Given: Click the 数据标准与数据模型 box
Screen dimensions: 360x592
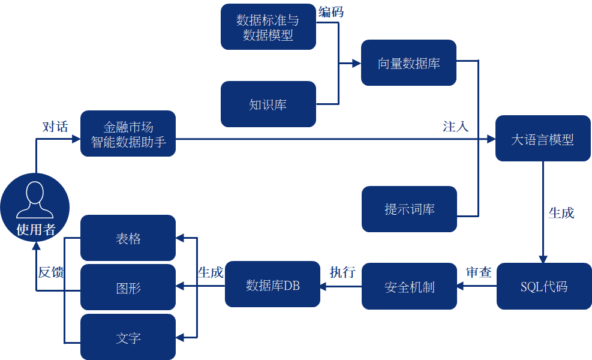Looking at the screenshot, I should coord(268,27).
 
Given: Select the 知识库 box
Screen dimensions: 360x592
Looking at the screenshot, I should coord(268,104).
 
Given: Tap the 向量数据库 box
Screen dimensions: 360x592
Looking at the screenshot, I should coord(408,63).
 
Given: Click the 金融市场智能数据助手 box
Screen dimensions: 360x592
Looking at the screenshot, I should coord(128,134).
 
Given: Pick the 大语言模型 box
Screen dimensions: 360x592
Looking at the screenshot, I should coord(543,139).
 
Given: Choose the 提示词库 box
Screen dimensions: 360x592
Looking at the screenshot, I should coord(409,209).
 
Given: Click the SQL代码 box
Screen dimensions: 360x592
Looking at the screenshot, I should coord(544,286).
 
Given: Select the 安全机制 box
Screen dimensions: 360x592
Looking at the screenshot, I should coord(409,286).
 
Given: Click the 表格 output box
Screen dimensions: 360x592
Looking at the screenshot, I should coord(128,238).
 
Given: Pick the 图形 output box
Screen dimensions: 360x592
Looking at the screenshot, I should coord(128,287).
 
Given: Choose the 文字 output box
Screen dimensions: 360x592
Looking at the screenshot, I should coord(128,337).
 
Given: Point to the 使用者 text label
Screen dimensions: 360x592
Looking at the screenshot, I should coord(35,229).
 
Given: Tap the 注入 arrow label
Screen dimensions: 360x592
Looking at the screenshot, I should coord(455,126).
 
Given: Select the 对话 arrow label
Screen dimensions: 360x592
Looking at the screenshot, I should coord(55,127).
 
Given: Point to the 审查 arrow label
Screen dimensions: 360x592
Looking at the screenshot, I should coord(479,272).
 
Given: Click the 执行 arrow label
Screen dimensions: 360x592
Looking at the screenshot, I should coord(342,272).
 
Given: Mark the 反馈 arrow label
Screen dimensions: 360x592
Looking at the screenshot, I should coord(51,272).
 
